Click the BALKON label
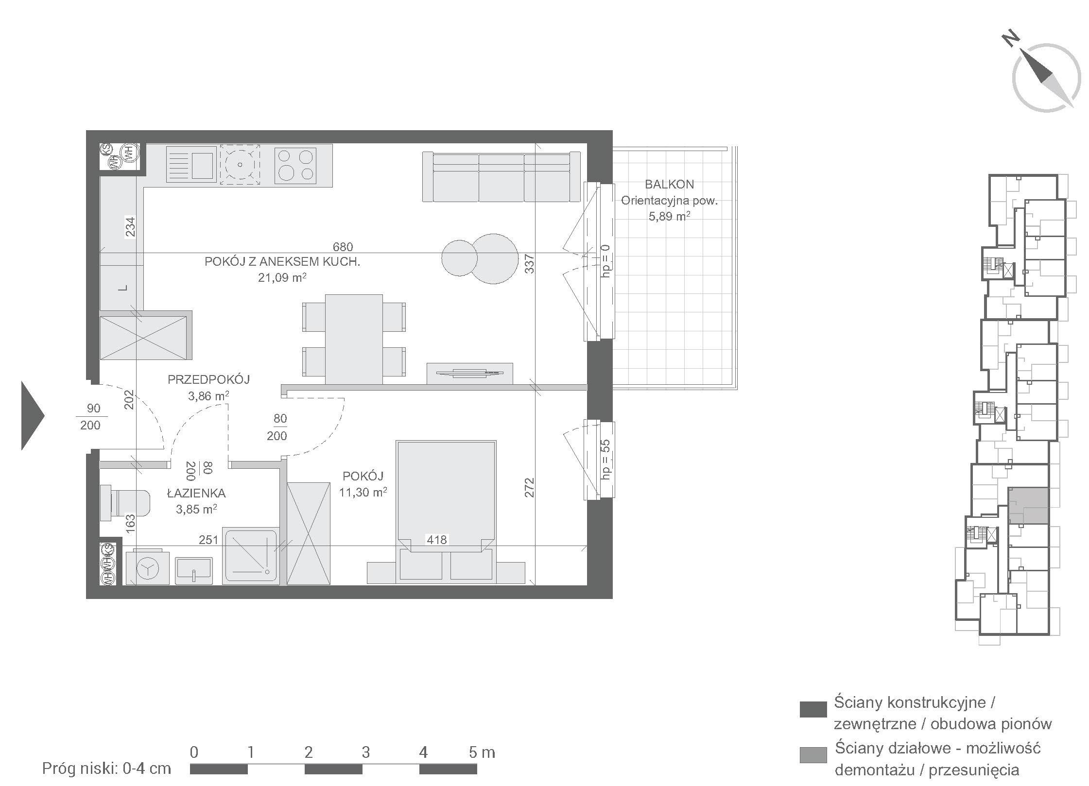pyautogui.click(x=669, y=184)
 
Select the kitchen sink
pyautogui.click(x=191, y=165)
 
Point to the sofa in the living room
pyautogui.click(x=501, y=177)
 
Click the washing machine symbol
pyautogui.click(x=147, y=567)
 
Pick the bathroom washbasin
pyautogui.click(x=194, y=570)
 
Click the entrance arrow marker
pyautogui.click(x=33, y=416)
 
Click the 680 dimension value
pyautogui.click(x=343, y=247)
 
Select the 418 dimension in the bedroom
pyautogui.click(x=436, y=539)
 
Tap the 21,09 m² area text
pyautogui.click(x=282, y=277)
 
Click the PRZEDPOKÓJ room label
pyautogui.click(x=209, y=379)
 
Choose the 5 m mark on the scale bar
pyautogui.click(x=482, y=753)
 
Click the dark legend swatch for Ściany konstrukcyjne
pyautogui.click(x=813, y=709)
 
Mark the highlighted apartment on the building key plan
pyautogui.click(x=1027, y=506)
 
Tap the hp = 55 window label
pyautogui.click(x=605, y=460)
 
